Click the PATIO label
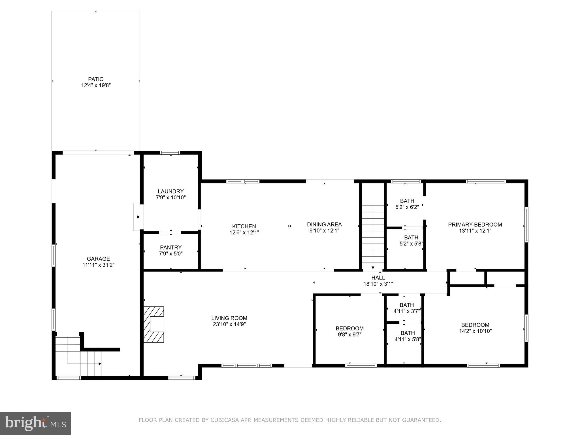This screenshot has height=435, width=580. tap(96, 79)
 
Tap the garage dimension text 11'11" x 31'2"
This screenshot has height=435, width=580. tap(98, 265)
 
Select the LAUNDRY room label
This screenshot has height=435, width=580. tap(171, 191)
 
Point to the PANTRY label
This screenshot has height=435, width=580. tap(171, 248)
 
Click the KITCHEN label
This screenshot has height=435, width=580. tap(244, 226)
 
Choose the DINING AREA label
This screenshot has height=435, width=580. tap(324, 225)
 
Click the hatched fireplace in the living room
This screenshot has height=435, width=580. tap(154, 325)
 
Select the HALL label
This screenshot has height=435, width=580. tap(378, 278)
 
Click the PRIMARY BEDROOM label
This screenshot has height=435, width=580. tap(475, 225)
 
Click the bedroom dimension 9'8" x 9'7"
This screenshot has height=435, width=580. tap(349, 334)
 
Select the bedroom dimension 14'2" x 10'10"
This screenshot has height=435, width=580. tap(475, 331)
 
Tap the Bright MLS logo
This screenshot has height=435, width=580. tap(35, 423)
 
